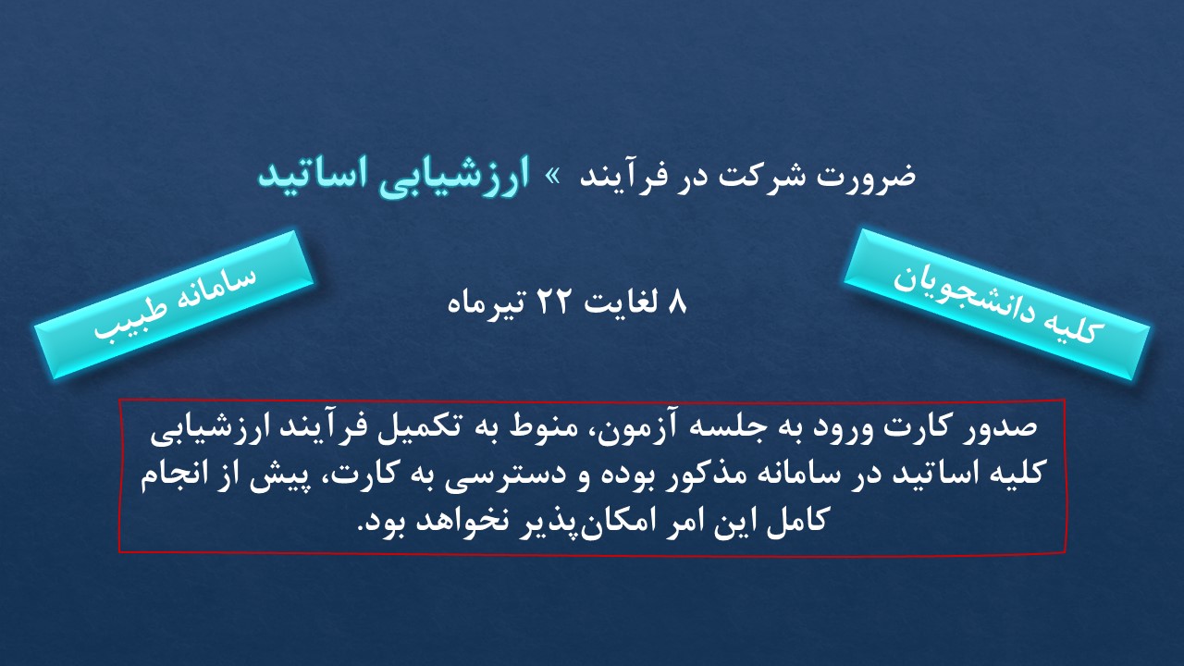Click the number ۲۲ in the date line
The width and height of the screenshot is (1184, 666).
[x=552, y=302]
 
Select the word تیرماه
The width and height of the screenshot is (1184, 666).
[x=487, y=304]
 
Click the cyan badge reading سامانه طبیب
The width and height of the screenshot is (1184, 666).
[x=175, y=304]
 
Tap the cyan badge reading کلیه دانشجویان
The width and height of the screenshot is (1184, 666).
[x=996, y=304]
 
